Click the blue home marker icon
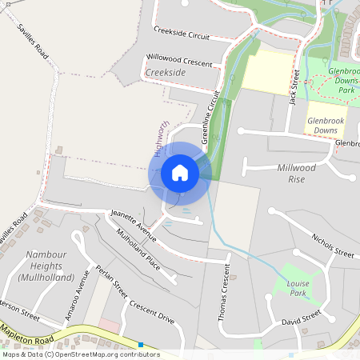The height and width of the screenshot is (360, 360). (180, 173)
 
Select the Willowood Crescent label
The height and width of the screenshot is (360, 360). (179, 61)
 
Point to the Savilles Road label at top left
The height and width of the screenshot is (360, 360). (33, 43)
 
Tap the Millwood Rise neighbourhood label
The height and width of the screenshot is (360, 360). (297, 173)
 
